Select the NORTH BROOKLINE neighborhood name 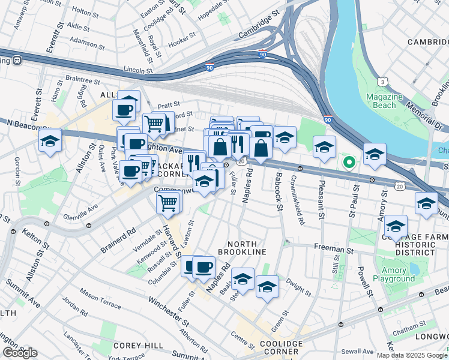(x=238, y=248)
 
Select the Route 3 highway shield (x=382, y=81)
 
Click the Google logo (x=20, y=353)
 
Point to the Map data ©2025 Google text (x=411, y=355)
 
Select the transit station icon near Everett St (x=17, y=60)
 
